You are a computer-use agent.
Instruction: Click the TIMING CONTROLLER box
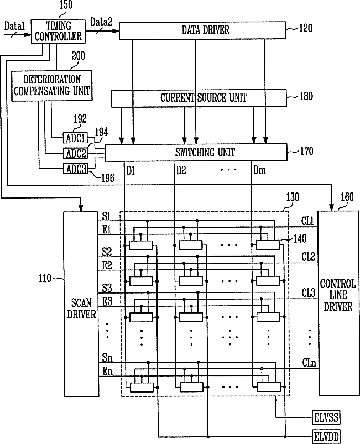[x=58, y=31]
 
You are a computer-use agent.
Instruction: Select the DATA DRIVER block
[x=202, y=30]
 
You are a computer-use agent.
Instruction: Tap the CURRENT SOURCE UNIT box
[x=199, y=98]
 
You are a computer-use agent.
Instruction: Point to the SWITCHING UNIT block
[x=196, y=153]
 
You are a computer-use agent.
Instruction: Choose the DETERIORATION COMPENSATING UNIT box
[x=52, y=86]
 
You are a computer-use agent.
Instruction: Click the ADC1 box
[x=75, y=138]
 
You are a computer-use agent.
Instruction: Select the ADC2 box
[x=75, y=154]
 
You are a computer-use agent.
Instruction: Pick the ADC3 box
[x=75, y=169]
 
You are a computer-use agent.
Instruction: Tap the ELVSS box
[x=326, y=417]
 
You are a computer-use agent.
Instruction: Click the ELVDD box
[x=326, y=437]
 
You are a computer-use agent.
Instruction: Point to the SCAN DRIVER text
[x=81, y=309]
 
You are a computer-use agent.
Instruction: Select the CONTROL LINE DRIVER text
[x=338, y=295]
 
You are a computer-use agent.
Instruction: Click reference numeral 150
[x=66, y=5]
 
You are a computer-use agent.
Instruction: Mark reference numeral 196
[x=108, y=178]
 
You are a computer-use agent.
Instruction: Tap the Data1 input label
[x=14, y=27]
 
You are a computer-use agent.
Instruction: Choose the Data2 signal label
[x=101, y=22]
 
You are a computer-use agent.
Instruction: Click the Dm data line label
[x=259, y=170]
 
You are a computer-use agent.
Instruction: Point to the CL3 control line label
[x=309, y=293]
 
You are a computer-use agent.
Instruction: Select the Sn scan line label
[x=107, y=358]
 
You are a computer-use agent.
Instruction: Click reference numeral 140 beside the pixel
[x=300, y=239]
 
